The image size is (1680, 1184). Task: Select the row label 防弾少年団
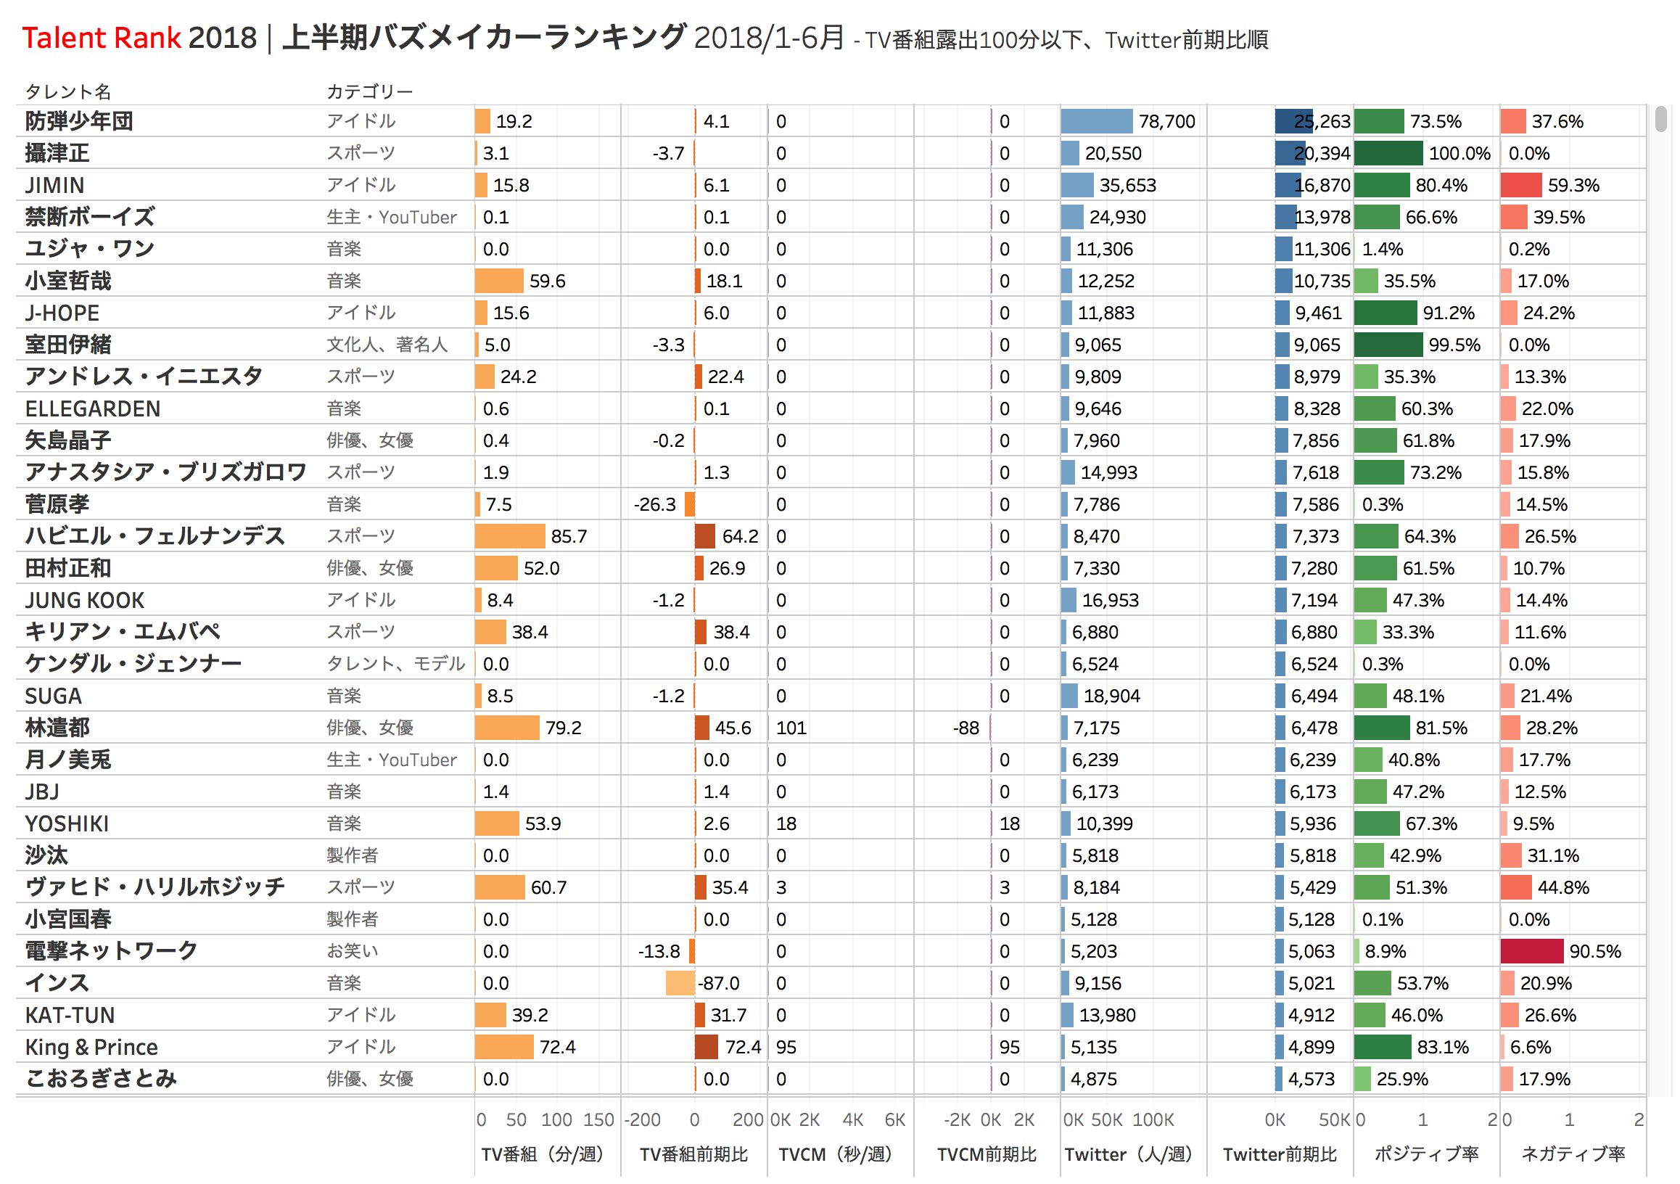[79, 120]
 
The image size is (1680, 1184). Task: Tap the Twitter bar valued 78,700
[1096, 120]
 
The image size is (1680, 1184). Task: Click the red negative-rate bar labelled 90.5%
[1531, 951]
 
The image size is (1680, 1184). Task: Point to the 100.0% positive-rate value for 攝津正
[1459, 153]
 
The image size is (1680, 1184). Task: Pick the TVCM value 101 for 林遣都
[791, 728]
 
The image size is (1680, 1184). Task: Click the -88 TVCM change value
[965, 728]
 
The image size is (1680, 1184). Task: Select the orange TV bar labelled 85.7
[509, 536]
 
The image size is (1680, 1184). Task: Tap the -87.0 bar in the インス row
[680, 984]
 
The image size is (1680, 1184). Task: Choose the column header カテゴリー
[369, 91]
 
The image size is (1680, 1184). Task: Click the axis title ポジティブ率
[1426, 1154]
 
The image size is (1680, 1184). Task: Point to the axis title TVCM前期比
[987, 1154]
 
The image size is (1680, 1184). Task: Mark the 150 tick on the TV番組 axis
[598, 1119]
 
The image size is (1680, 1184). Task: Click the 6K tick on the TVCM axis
[895, 1119]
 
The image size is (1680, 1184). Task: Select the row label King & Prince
[91, 1047]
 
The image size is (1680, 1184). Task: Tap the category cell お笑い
[352, 951]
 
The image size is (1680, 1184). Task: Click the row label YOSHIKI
[67, 824]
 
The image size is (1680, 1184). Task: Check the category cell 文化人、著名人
[387, 345]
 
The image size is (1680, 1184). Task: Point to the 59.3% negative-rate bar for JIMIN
[1520, 185]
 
